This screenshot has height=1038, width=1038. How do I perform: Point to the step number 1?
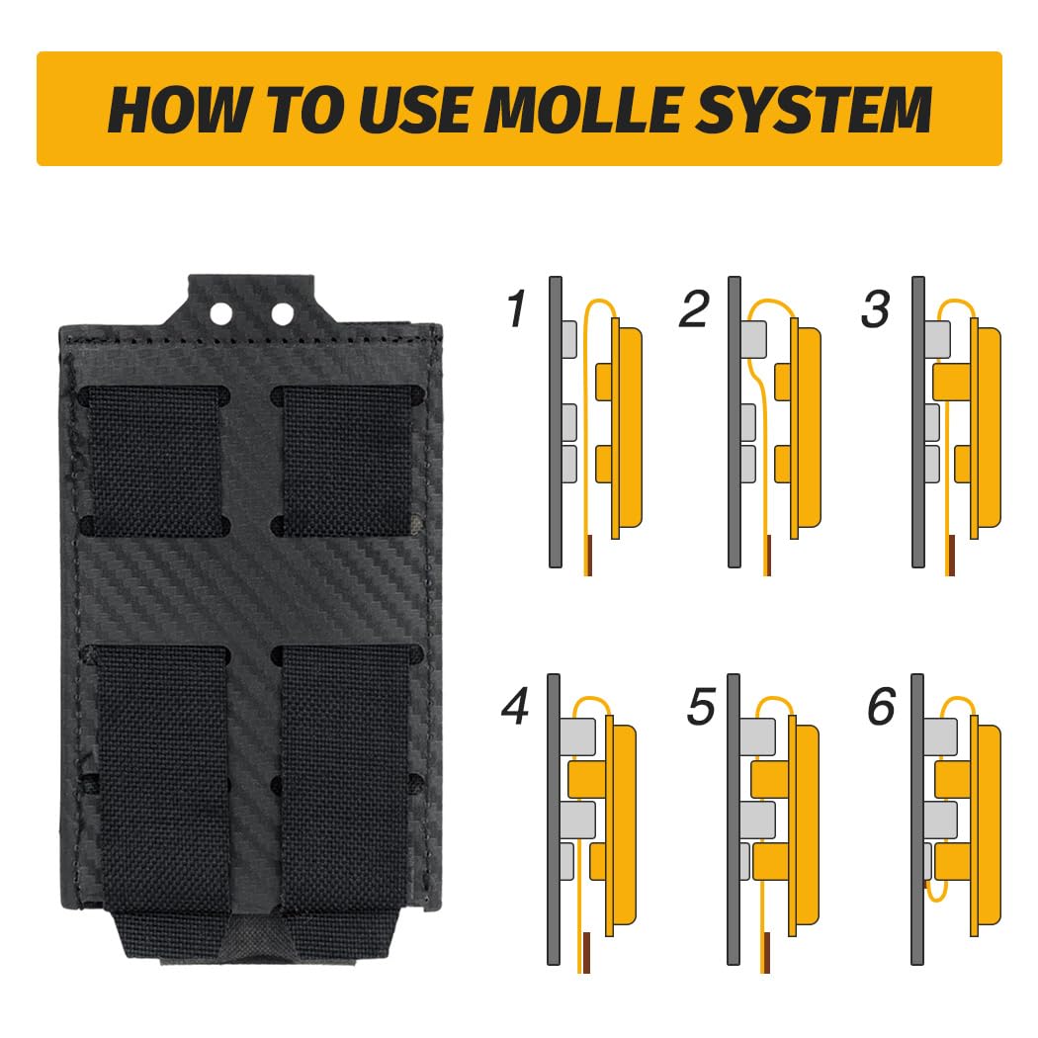point(516,308)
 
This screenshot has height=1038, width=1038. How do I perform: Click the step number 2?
point(694,308)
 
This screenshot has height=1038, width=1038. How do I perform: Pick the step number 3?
point(875,308)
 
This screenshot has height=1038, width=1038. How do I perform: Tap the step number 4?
point(515,706)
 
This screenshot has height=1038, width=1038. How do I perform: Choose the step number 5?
point(701,707)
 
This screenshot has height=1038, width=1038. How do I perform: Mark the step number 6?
point(882,707)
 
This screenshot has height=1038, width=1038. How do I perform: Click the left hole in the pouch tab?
point(221,312)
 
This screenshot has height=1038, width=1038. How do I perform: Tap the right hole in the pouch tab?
point(282,313)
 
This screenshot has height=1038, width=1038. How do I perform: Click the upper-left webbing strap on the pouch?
point(155,461)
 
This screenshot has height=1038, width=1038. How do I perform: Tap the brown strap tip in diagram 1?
point(588,555)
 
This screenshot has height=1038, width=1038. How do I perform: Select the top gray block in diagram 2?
point(753,339)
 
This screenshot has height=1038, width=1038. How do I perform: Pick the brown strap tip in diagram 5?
point(766,952)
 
